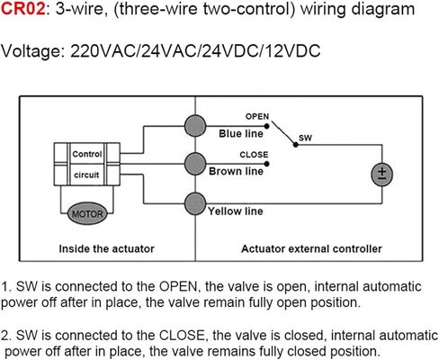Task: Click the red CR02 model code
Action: tap(23, 9)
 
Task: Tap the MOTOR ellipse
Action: tap(87, 213)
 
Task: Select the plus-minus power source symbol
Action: tap(382, 175)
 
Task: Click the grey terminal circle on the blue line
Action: tap(195, 126)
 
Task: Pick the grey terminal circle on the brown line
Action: tap(195, 164)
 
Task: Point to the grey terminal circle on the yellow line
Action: tap(195, 203)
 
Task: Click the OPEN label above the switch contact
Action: tap(257, 116)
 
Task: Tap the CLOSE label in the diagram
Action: tap(254, 155)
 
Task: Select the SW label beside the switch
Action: tap(305, 138)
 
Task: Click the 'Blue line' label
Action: tap(241, 133)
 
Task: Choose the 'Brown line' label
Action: tap(237, 171)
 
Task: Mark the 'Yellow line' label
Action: tap(236, 211)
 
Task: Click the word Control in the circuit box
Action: tap(87, 154)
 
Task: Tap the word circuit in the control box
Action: tap(86, 175)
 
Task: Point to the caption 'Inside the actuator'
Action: tap(106, 248)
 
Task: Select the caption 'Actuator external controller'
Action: tap(311, 248)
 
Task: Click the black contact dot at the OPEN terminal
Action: tap(266, 126)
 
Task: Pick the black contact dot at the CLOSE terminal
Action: tap(267, 164)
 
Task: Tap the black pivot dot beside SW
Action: tap(296, 145)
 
